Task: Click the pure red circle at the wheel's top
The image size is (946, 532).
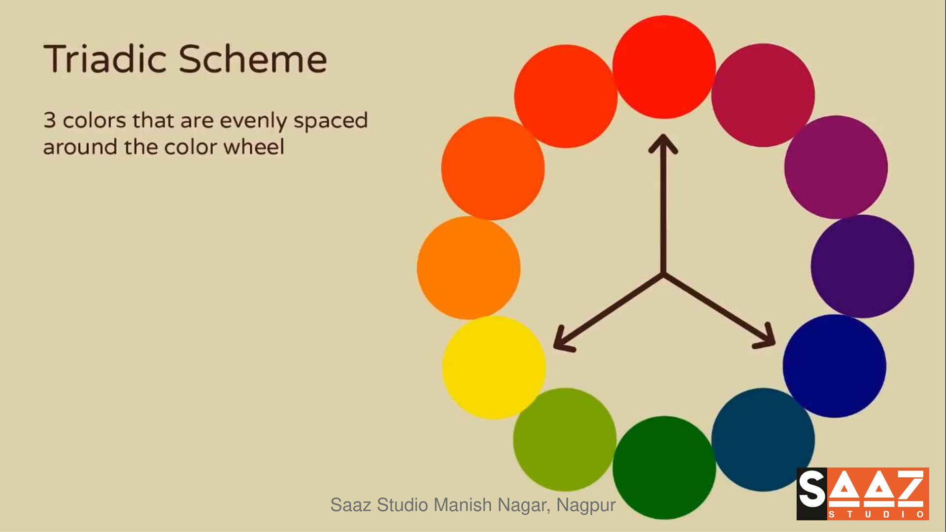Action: (664, 67)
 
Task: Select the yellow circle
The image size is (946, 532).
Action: (494, 367)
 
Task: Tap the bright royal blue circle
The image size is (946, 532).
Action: (835, 366)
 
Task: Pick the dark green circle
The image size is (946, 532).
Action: (664, 467)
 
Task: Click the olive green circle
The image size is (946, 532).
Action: (565, 439)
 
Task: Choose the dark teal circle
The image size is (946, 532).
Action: (763, 439)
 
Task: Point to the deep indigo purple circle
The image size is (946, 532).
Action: (862, 266)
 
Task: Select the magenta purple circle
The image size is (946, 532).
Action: (836, 167)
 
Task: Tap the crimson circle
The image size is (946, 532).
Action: (763, 95)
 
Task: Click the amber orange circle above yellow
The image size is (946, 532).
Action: (469, 267)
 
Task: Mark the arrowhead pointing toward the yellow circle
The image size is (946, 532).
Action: (563, 340)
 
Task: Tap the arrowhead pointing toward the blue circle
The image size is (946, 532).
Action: (765, 337)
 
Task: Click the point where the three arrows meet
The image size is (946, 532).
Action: (663, 274)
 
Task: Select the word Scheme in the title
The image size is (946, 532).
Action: (252, 59)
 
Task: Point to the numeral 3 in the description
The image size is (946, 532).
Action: (50, 120)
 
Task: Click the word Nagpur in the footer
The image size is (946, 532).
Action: (586, 505)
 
